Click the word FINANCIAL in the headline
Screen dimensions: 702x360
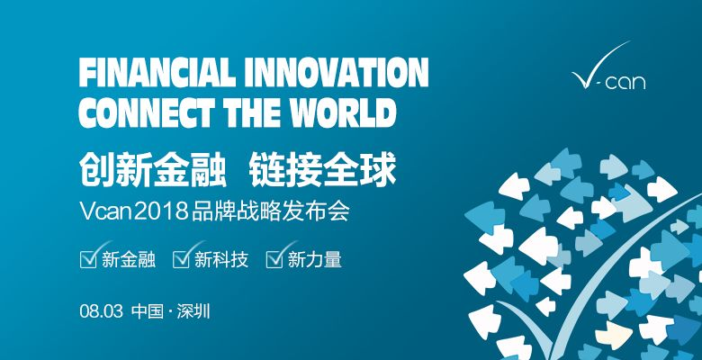(157, 73)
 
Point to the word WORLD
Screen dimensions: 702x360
(337, 112)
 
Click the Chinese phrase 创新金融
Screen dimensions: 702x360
(153, 170)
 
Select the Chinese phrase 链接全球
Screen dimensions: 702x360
(323, 170)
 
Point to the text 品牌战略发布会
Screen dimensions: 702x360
(270, 211)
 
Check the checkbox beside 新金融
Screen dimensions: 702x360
(88, 259)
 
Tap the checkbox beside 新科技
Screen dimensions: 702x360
(181, 259)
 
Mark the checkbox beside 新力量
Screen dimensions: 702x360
(274, 259)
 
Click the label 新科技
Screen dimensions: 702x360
(221, 260)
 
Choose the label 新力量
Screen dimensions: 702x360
(315, 260)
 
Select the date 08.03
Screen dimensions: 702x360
(101, 311)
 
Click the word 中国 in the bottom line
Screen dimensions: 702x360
(148, 311)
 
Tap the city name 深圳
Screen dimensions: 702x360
(193, 311)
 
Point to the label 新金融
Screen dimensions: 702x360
(129, 260)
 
